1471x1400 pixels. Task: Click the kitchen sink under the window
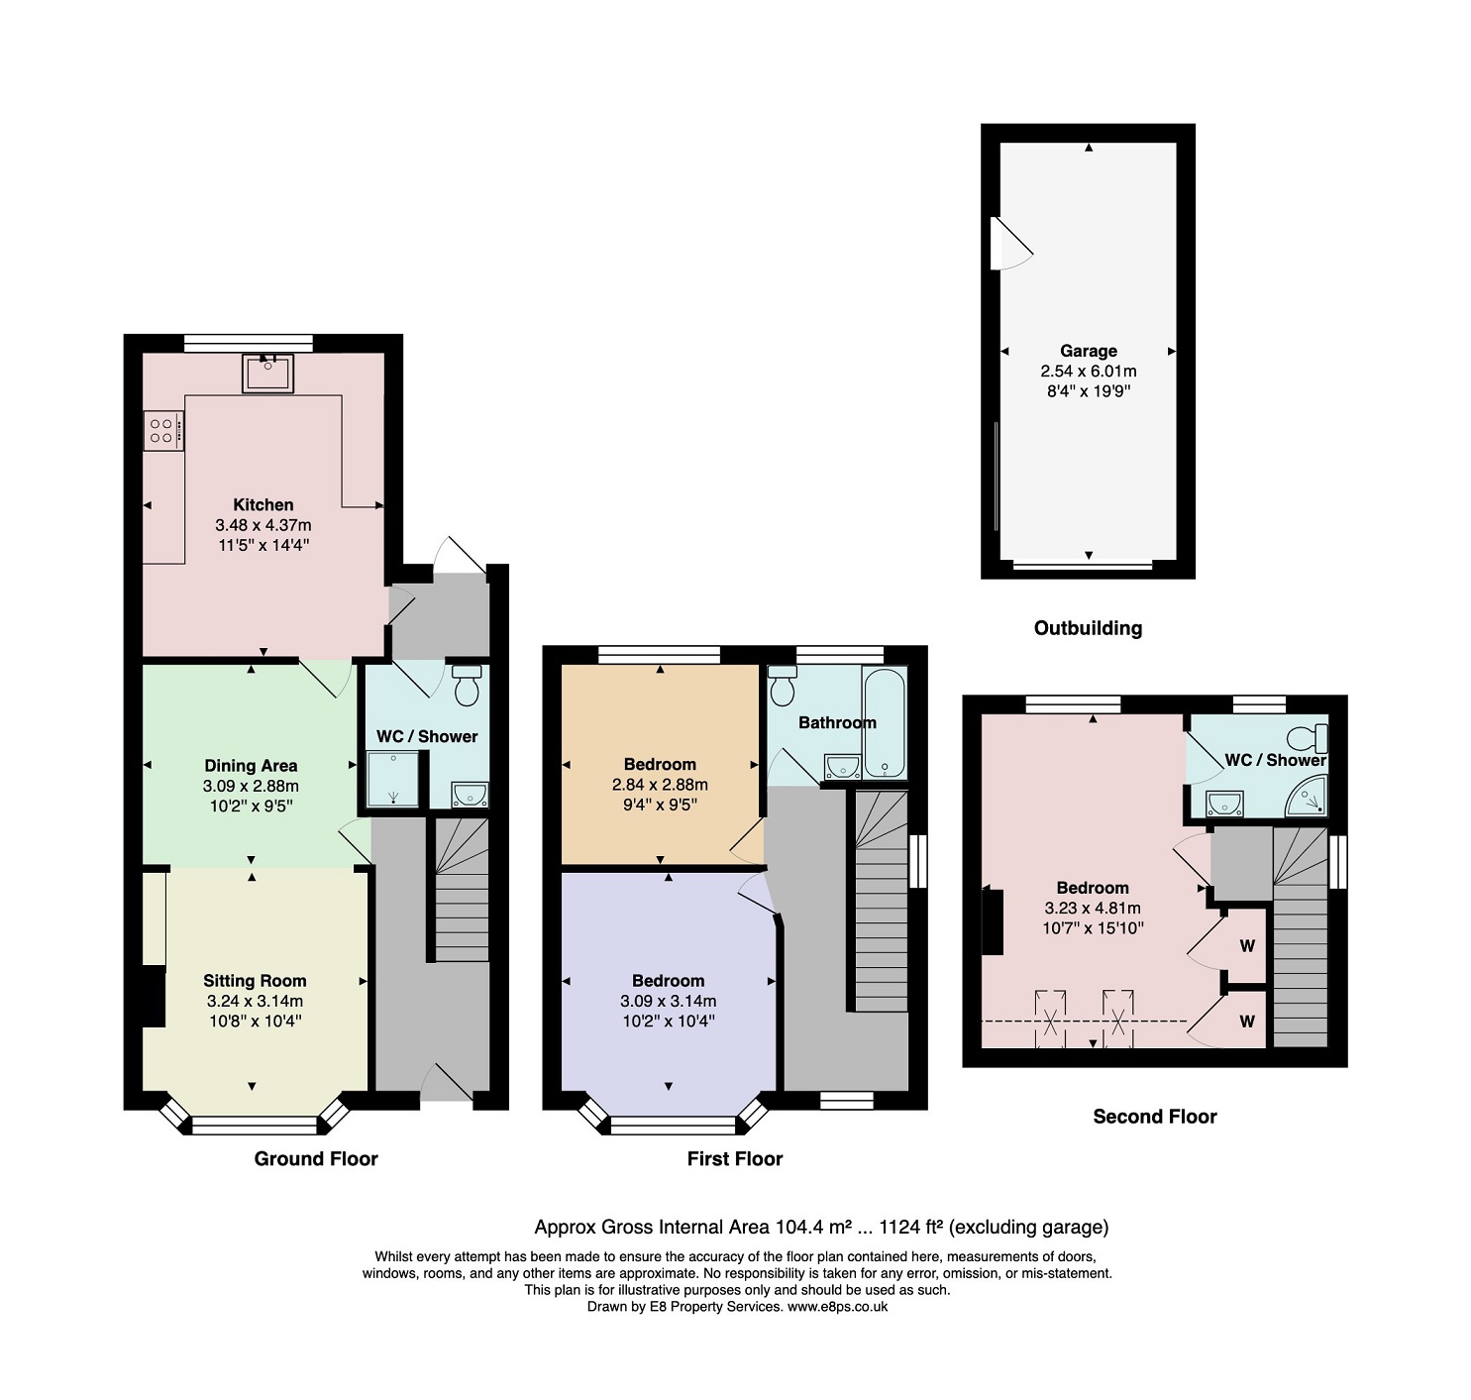[267, 373]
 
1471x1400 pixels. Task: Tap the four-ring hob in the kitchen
[163, 430]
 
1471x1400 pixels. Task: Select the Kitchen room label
[263, 504]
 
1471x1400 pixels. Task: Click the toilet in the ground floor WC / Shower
[467, 685]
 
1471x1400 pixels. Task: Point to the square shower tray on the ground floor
[393, 780]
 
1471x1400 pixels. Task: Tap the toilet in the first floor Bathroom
[782, 685]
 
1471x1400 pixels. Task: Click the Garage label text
[1089, 351]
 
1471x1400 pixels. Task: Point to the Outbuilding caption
[1088, 628]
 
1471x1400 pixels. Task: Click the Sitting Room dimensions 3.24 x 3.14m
[256, 1001]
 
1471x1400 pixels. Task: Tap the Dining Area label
[251, 765]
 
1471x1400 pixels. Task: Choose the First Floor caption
[735, 1159]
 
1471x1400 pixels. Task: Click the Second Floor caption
[1154, 1117]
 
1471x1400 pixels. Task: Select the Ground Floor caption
[316, 1159]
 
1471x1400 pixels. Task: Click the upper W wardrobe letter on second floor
[1247, 945]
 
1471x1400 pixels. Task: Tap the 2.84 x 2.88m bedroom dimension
[660, 785]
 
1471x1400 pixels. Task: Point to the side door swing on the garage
[1011, 244]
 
